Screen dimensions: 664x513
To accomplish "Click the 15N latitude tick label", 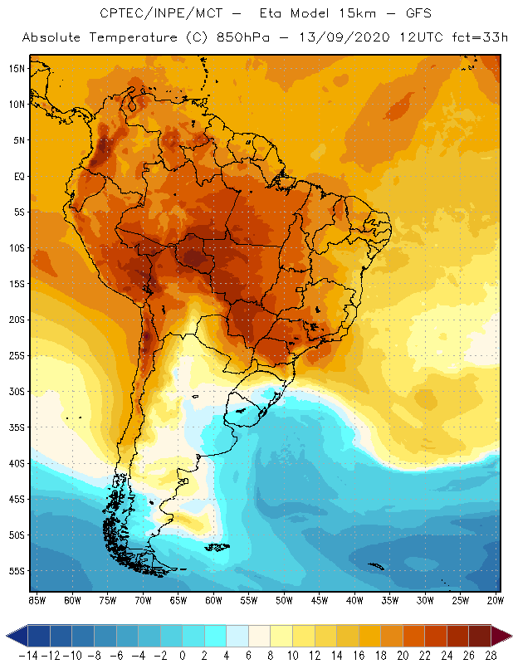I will (x=17, y=68).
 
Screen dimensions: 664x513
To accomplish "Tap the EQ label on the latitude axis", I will (x=18, y=176).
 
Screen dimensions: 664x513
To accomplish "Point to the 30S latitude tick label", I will (x=17, y=391).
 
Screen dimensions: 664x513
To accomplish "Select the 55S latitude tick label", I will (x=17, y=571).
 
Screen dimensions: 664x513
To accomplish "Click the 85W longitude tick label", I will (x=37, y=600).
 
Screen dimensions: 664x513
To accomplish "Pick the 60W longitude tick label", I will (x=214, y=600).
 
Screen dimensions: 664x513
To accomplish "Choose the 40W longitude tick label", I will (x=355, y=600).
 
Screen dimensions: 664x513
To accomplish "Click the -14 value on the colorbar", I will (x=28, y=656).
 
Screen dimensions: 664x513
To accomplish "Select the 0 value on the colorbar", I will (x=183, y=656).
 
